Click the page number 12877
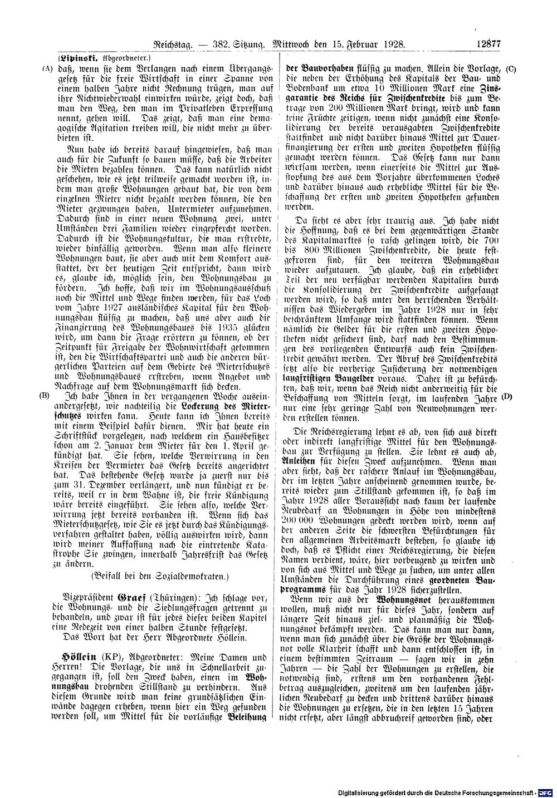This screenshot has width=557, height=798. (489, 42)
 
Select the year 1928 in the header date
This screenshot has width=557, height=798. (393, 42)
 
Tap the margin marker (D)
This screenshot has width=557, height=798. (506, 397)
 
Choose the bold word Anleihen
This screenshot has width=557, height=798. (302, 461)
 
